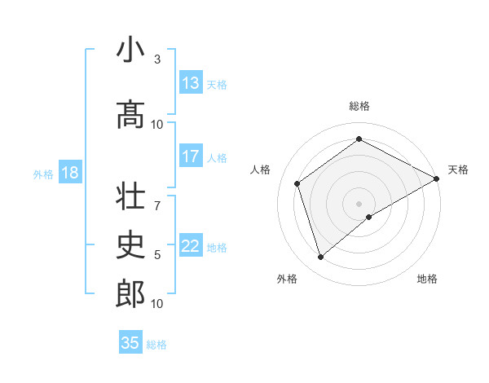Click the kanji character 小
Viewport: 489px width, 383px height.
click(x=130, y=51)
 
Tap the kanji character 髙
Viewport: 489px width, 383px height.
click(x=130, y=115)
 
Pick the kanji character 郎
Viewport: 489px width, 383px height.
click(x=130, y=294)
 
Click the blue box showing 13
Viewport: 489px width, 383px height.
click(x=191, y=83)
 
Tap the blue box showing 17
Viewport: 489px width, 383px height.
click(x=191, y=156)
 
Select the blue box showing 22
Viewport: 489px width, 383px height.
click(x=191, y=246)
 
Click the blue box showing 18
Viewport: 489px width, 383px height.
click(x=69, y=173)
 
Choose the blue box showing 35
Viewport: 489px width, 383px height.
click(x=130, y=343)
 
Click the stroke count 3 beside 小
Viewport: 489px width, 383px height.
click(x=157, y=59)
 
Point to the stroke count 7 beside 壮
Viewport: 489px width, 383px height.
click(x=157, y=197)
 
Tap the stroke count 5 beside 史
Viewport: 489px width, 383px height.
click(x=157, y=254)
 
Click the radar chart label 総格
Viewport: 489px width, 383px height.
click(x=359, y=106)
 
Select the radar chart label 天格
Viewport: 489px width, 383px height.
click(x=458, y=169)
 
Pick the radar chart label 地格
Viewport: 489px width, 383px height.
click(x=427, y=279)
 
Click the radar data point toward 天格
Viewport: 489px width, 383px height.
click(x=436, y=178)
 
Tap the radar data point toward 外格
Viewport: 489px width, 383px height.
click(x=320, y=258)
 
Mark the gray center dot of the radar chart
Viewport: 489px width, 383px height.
click(x=359, y=203)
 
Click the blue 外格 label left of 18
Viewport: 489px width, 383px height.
click(x=42, y=174)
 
